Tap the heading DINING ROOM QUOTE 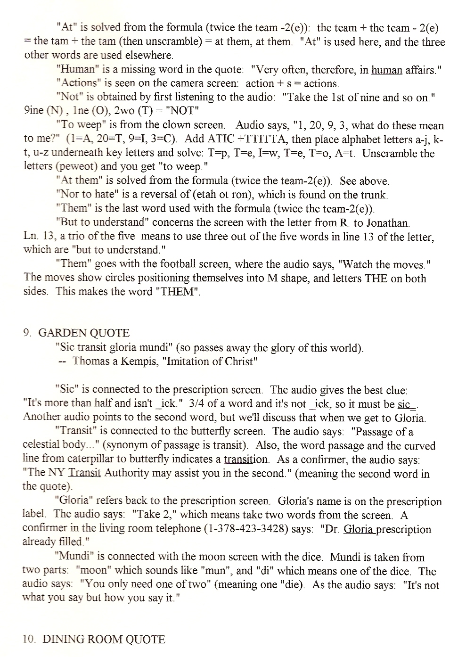(x=104, y=640)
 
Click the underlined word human (x=386, y=70)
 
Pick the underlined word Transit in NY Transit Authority (x=85, y=473)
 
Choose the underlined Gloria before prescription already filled (x=359, y=529)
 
